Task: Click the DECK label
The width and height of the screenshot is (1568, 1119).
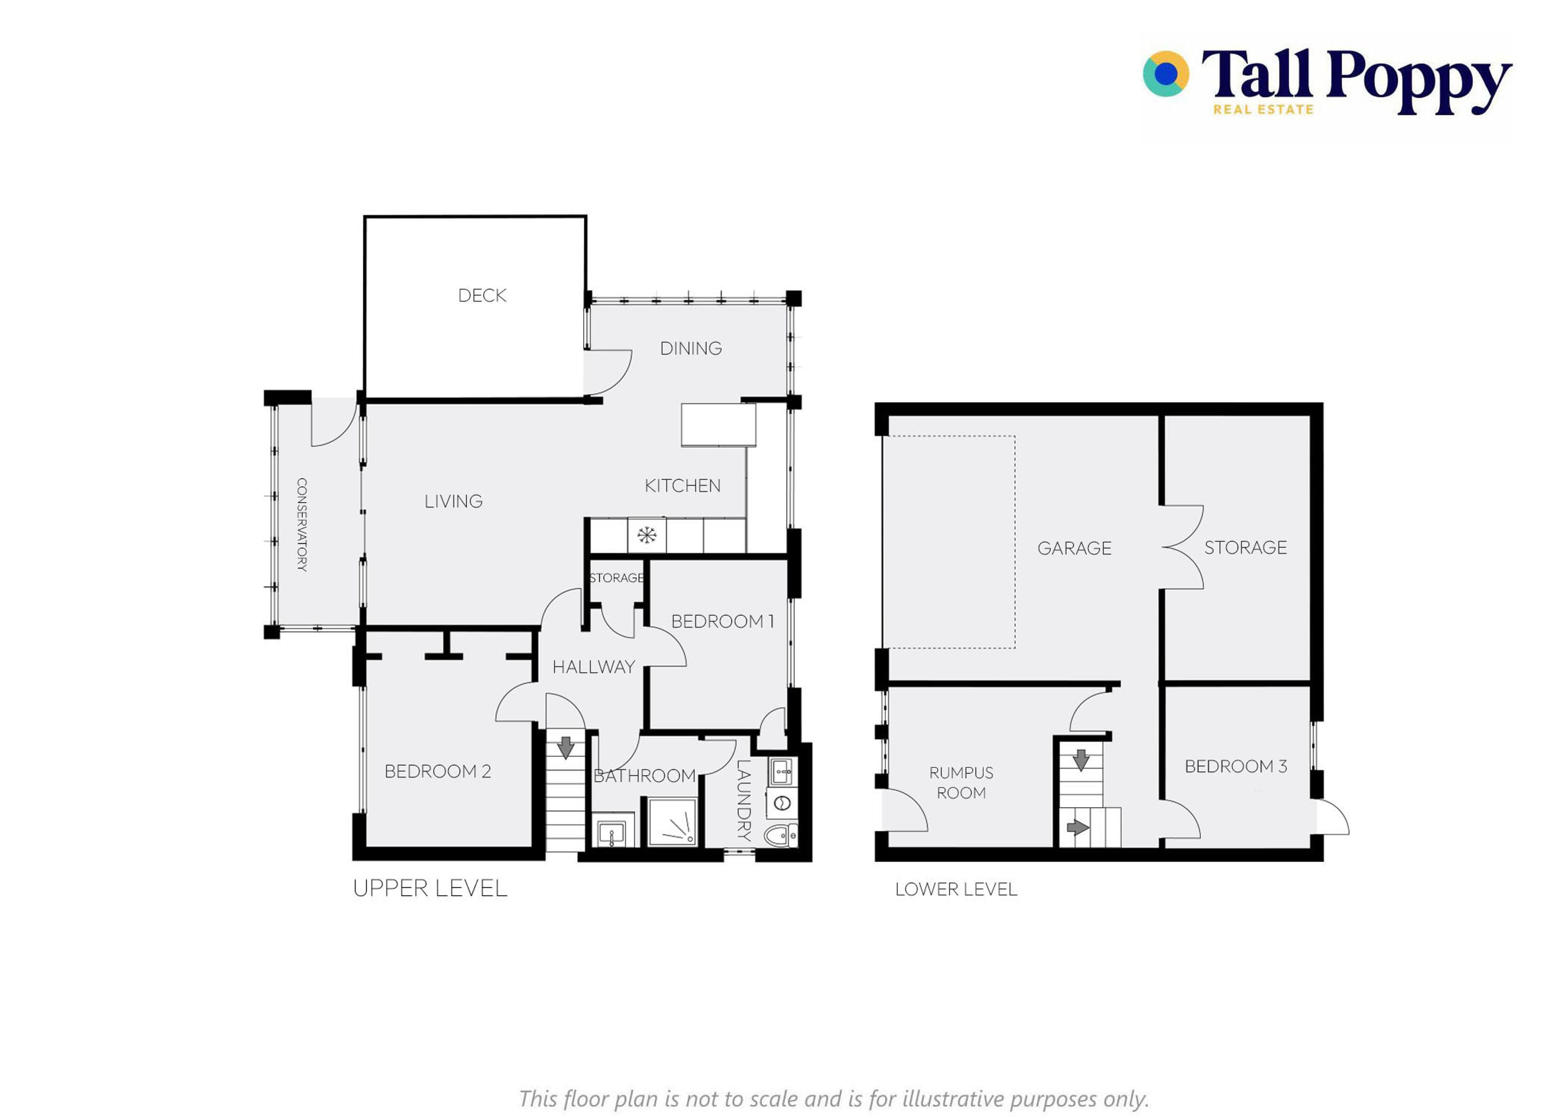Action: pos(482,296)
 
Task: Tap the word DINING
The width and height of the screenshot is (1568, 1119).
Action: pos(691,349)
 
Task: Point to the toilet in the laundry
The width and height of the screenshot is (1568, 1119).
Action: pos(781,835)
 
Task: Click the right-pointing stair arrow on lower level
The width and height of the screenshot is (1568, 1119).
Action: pos(1077,827)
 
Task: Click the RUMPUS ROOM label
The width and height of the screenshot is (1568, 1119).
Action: pos(961,783)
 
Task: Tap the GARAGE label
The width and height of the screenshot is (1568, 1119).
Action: pos(1074,548)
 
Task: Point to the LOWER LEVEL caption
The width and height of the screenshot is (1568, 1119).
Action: pos(955,890)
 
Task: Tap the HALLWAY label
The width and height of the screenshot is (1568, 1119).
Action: pos(594,667)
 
